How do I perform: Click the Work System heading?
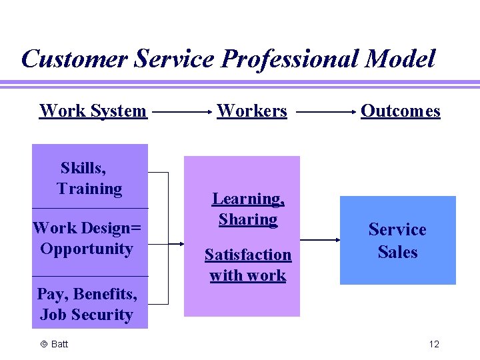pos(93,111)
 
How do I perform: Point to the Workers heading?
pos(252,111)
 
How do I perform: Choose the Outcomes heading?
pos(400,111)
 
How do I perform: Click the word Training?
pos(89,189)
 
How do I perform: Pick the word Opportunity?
pos(87,249)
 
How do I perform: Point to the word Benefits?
pos(105,294)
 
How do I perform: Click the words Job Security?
pos(86,315)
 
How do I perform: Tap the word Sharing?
pos(248,219)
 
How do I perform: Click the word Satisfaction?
pos(248,255)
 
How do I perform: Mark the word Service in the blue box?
pos(397,230)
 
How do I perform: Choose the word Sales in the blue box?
pos(397,253)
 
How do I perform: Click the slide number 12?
pos(434,344)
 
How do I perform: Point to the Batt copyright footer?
pos(55,344)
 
